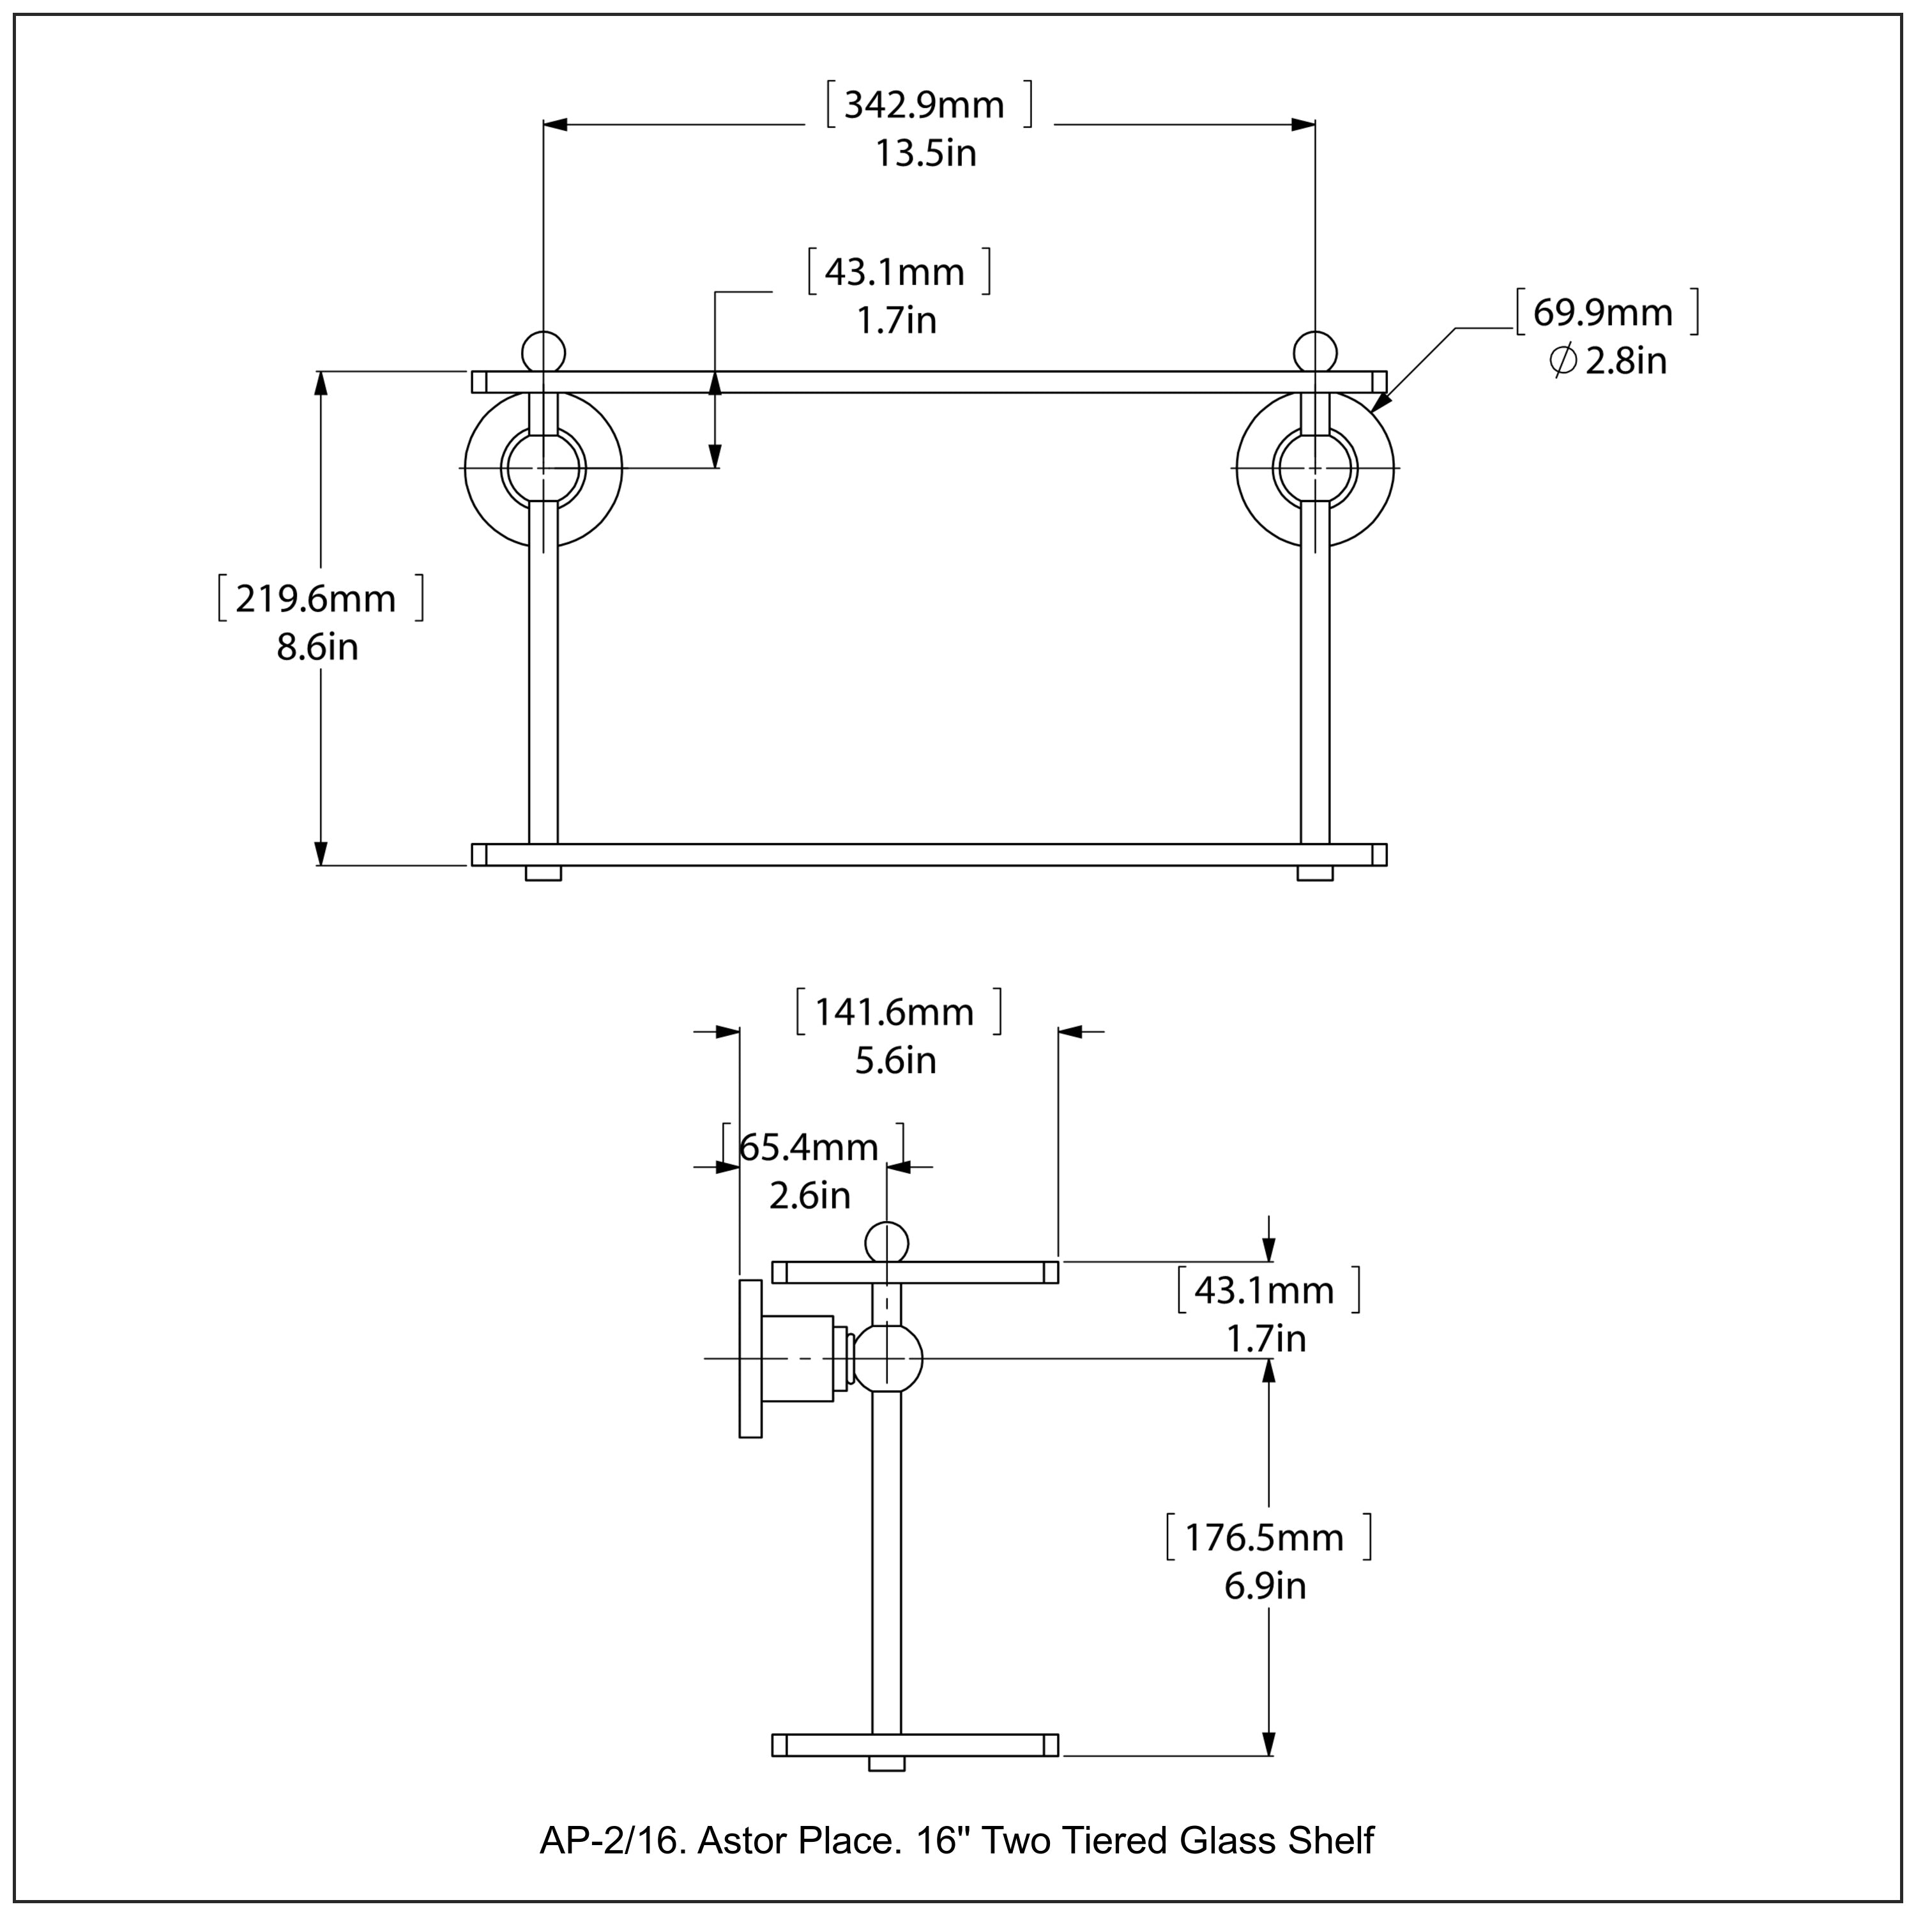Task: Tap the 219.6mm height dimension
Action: pyautogui.click(x=316, y=599)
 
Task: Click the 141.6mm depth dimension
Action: pyautogui.click(x=895, y=1012)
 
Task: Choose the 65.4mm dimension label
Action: pyautogui.click(x=809, y=1148)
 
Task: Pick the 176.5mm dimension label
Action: pyautogui.click(x=1265, y=1538)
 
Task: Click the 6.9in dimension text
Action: pyautogui.click(x=1265, y=1586)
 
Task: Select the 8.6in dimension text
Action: pyautogui.click(x=317, y=648)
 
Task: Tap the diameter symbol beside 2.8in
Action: pyautogui.click(x=1562, y=361)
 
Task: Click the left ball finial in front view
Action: pyautogui.click(x=544, y=352)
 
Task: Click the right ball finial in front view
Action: pyautogui.click(x=1315, y=352)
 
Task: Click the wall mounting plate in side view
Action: pyautogui.click(x=750, y=1358)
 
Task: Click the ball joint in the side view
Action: pyautogui.click(x=888, y=1358)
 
